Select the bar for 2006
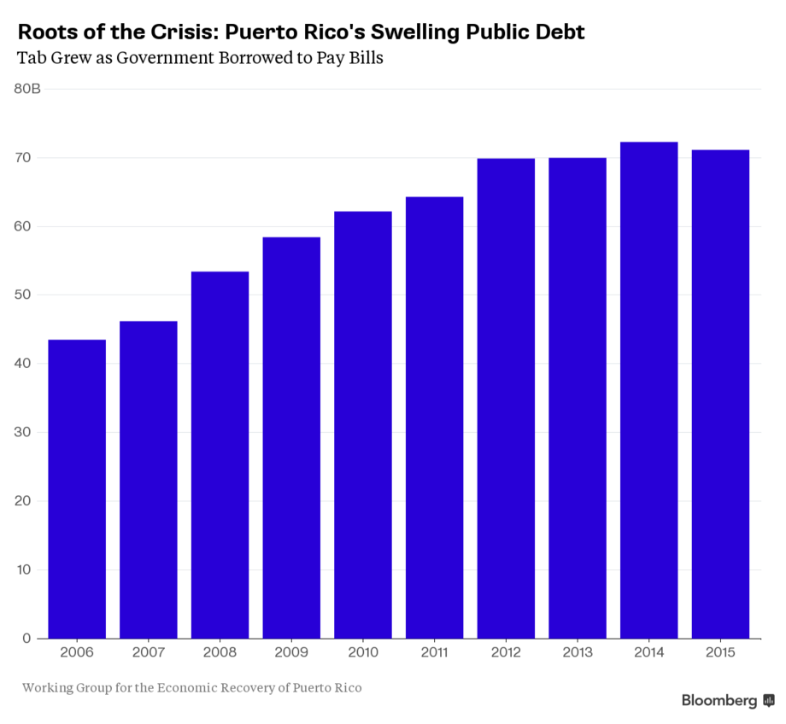pyautogui.click(x=77, y=488)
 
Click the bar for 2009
pyautogui.click(x=291, y=437)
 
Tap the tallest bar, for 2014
pyautogui.click(x=649, y=389)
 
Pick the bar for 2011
pyautogui.click(x=434, y=417)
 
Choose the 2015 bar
pyautogui.click(x=720, y=394)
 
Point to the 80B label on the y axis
pyautogui.click(x=28, y=89)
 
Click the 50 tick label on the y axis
pyautogui.click(x=22, y=295)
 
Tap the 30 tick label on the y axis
pyautogui.click(x=22, y=432)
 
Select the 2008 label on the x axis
pyautogui.click(x=220, y=653)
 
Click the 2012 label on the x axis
pyautogui.click(x=506, y=653)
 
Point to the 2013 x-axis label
pyautogui.click(x=578, y=653)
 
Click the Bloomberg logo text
pyautogui.click(x=719, y=701)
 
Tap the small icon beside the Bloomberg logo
pyautogui.click(x=769, y=701)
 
